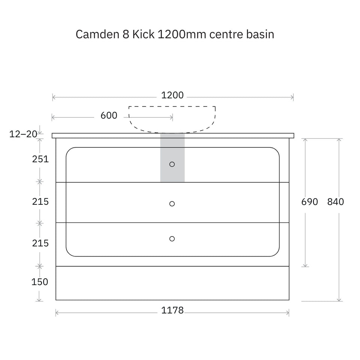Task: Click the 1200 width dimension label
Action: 172,95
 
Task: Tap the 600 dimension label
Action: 109,115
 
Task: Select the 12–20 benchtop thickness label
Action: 23,134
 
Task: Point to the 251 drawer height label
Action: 40,159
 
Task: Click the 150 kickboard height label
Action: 40,282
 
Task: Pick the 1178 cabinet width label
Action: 172,310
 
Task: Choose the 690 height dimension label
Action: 309,202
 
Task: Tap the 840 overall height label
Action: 335,202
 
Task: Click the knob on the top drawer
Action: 172,164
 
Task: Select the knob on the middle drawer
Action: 172,204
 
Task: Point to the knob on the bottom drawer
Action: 172,239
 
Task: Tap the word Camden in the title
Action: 97,34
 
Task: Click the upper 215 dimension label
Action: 40,202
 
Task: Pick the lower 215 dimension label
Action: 40,243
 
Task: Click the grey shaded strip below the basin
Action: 172,158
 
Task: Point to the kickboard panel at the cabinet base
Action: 172,283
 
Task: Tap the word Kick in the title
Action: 143,34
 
